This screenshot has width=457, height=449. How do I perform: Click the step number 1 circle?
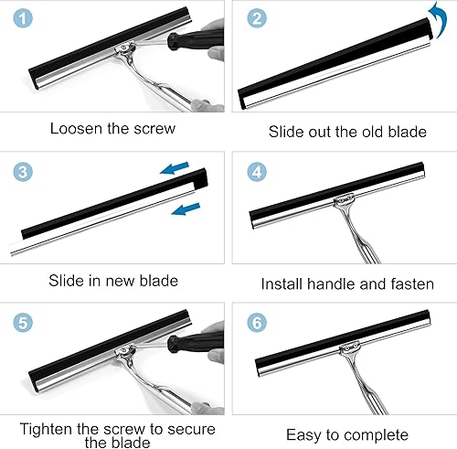(23, 17)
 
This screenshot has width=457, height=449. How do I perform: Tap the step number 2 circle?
(257, 17)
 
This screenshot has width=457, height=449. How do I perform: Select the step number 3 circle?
(23, 172)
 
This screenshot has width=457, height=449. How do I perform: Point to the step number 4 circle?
(257, 172)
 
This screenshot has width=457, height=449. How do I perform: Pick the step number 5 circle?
(23, 323)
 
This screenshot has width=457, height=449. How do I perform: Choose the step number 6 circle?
(257, 323)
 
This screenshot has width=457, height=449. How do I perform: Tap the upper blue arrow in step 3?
(175, 168)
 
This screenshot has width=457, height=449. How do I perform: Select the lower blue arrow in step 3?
(186, 208)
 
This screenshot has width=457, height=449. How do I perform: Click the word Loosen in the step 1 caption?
(76, 128)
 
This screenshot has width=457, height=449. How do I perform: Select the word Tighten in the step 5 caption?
(47, 429)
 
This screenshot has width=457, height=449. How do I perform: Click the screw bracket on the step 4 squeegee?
(345, 199)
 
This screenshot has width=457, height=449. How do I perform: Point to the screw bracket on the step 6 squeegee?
(349, 347)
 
